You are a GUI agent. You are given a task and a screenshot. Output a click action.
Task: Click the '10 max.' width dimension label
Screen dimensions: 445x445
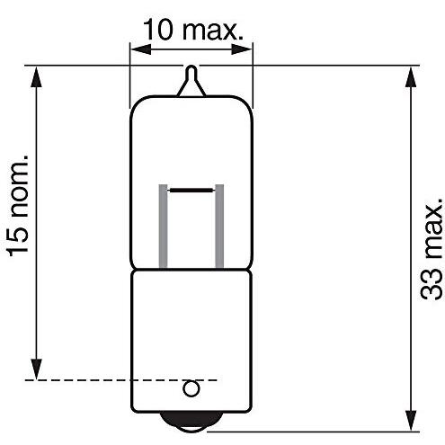pos(191,31)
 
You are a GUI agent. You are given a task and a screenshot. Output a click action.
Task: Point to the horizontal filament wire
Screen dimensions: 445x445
pos(191,191)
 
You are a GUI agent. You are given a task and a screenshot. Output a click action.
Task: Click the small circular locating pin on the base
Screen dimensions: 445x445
pos(191,388)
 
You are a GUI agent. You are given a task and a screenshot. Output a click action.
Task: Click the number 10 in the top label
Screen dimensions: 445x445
pos(157,31)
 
